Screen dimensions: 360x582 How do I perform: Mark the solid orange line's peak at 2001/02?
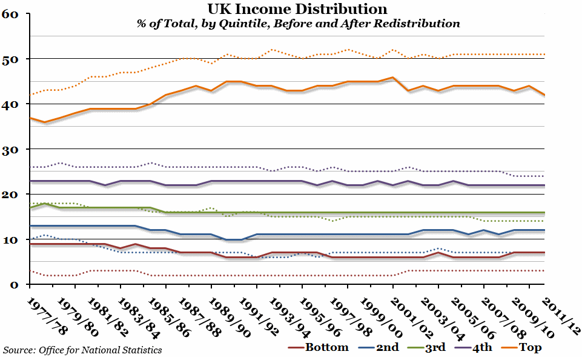click(x=393, y=78)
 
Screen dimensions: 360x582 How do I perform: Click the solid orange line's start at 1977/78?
click(x=30, y=118)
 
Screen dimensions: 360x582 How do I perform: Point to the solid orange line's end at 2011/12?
click(x=544, y=95)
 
